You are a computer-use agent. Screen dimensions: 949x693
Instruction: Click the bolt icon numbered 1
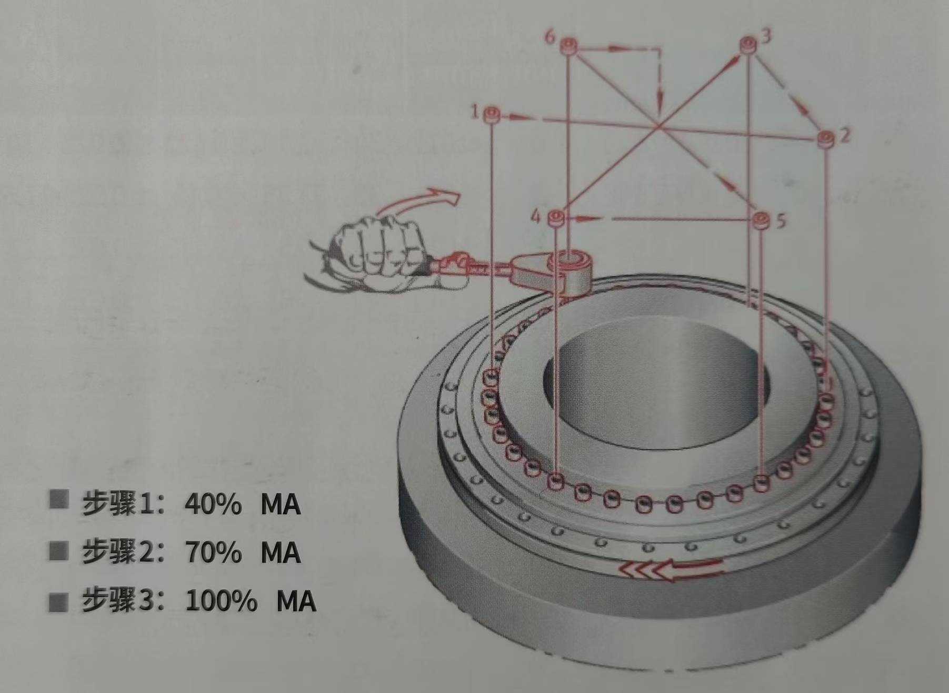(492, 114)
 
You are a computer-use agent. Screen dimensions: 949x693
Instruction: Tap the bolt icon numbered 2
(826, 140)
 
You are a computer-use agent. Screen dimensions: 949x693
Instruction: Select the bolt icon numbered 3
(748, 45)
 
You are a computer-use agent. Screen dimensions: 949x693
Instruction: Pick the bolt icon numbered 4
(556, 218)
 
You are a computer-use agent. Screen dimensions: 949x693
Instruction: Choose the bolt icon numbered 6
(568, 46)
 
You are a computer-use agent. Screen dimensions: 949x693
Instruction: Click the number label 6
(550, 37)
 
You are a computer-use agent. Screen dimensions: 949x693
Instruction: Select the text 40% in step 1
(213, 504)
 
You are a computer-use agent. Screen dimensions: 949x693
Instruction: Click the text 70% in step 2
(213, 553)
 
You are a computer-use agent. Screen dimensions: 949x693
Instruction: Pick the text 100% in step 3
(221, 601)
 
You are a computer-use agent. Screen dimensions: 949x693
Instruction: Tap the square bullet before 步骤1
(58, 500)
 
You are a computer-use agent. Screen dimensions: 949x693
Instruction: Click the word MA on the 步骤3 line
(296, 601)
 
